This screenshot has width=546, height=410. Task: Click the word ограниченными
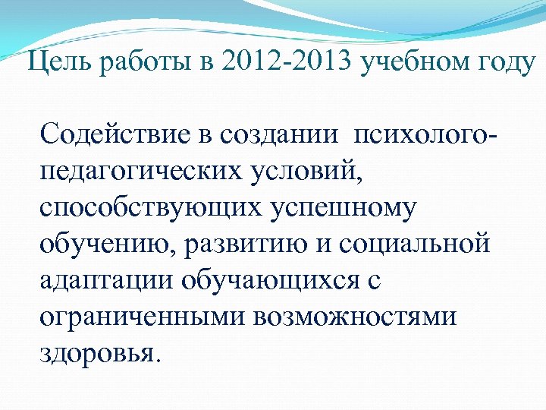coord(133,316)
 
